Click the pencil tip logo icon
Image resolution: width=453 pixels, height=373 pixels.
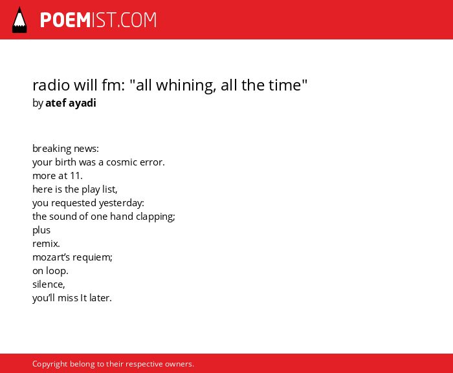19,19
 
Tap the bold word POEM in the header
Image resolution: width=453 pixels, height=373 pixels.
65,20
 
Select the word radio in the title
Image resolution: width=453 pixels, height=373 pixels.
51,85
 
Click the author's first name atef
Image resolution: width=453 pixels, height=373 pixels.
56,103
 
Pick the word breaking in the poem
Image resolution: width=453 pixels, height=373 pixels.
52,149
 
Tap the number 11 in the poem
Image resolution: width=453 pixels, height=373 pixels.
76,176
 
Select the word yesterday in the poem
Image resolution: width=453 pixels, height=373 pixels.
122,203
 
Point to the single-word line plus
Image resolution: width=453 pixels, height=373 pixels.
41,230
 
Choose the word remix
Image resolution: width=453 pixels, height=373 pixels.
46,244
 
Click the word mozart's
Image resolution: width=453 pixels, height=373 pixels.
51,257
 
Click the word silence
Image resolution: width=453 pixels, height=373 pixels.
49,284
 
